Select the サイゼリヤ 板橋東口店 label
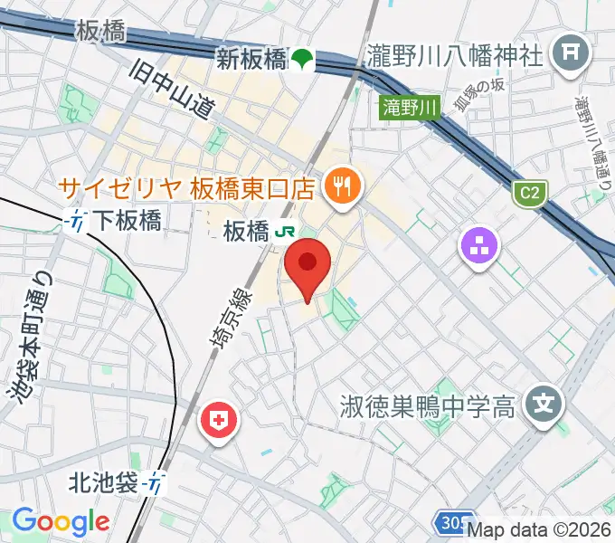coord(185,188)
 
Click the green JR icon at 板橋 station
coord(285,232)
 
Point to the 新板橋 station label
coord(250,59)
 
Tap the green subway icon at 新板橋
coord(300,60)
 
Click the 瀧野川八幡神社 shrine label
coord(456,56)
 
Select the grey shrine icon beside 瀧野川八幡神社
coord(570,50)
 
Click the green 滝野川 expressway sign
coord(409,108)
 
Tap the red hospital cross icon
coord(218,421)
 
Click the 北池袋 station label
coord(103,483)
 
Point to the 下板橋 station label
coord(128,220)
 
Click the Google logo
coord(61,521)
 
